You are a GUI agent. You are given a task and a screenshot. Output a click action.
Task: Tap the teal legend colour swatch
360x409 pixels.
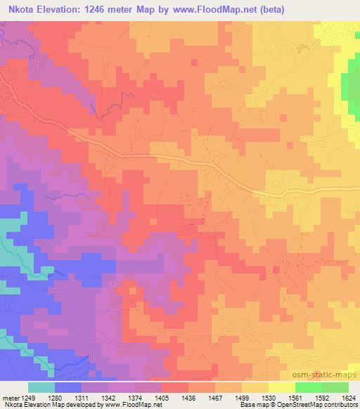41,387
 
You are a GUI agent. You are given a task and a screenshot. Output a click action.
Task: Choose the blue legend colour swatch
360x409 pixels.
68,387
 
